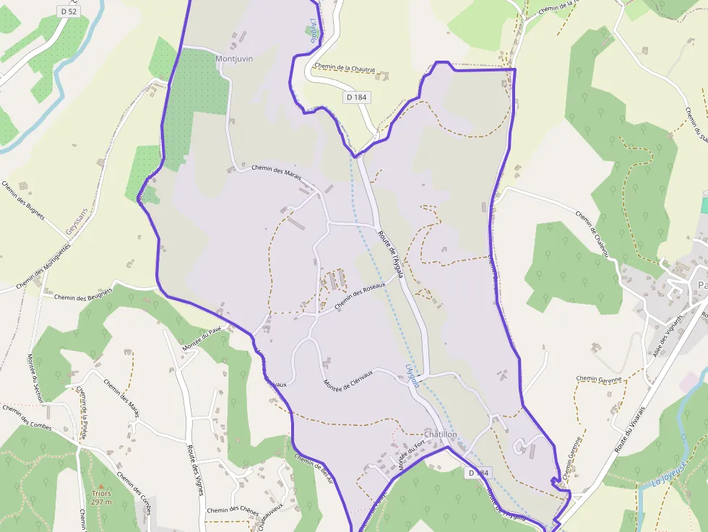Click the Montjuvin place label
click(x=234, y=58)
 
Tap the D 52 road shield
click(x=68, y=12)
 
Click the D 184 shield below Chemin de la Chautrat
click(x=357, y=97)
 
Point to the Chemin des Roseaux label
click(x=360, y=296)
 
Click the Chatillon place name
click(x=441, y=435)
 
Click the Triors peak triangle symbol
click(x=101, y=486)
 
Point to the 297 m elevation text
click(x=101, y=502)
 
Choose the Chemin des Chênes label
click(x=232, y=510)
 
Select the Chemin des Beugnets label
click(x=82, y=295)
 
